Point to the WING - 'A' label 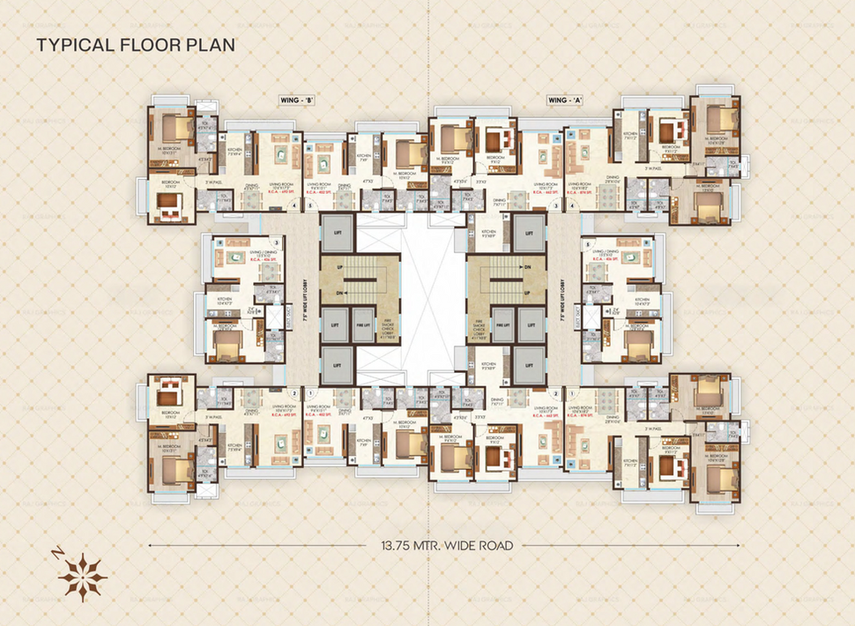tap(565, 101)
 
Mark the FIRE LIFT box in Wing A tap(502, 324)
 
